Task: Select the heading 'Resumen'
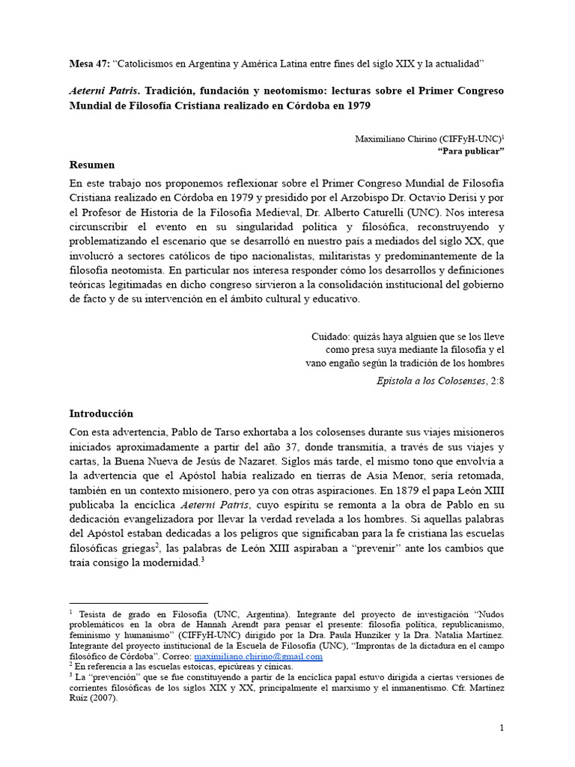pyautogui.click(x=92, y=165)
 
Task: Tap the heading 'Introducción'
pyautogui.click(x=101, y=413)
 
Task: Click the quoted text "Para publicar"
pyautogui.click(x=470, y=151)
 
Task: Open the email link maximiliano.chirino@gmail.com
pyautogui.click(x=258, y=656)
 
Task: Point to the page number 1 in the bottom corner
pyautogui.click(x=502, y=728)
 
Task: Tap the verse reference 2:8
pyautogui.click(x=496, y=380)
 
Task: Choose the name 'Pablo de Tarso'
pyautogui.click(x=206, y=434)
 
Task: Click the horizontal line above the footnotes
pyautogui.click(x=139, y=602)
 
